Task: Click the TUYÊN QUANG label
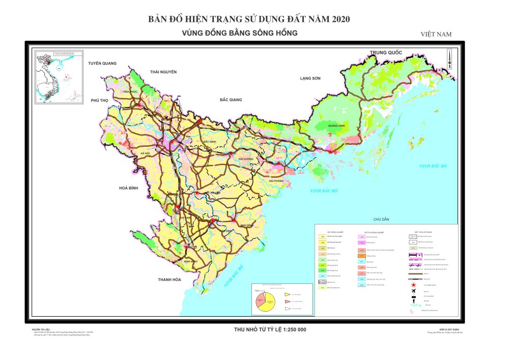point(102,63)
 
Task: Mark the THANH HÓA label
point(169,280)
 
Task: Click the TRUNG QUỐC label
point(386,53)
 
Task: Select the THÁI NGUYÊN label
point(163,72)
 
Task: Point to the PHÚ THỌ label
point(100,100)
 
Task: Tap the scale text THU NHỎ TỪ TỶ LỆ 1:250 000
point(270,329)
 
